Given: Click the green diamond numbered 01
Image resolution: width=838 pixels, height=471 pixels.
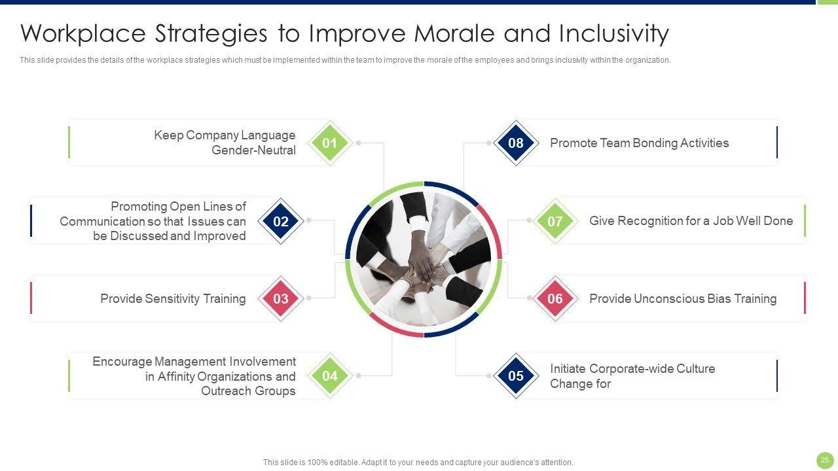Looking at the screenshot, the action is pyautogui.click(x=329, y=143).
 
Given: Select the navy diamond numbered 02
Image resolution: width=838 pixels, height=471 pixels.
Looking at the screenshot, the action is pyautogui.click(x=281, y=221).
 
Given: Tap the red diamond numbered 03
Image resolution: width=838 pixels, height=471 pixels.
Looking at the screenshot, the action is pyautogui.click(x=281, y=298).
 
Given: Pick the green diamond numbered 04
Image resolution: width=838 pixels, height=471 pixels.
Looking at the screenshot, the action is pyautogui.click(x=329, y=375).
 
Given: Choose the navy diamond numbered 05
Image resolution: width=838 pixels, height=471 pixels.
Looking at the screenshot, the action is pyautogui.click(x=516, y=375).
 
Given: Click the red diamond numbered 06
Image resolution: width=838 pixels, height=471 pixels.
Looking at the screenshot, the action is pyautogui.click(x=555, y=298).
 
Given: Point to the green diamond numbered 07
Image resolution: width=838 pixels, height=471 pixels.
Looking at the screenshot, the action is pyautogui.click(x=555, y=221).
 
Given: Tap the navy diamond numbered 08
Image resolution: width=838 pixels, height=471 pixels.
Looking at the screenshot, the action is pyautogui.click(x=516, y=143).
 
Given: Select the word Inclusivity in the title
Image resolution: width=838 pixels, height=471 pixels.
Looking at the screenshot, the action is pyautogui.click(x=614, y=34).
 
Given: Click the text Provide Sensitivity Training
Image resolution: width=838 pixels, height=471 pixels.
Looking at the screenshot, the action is pyautogui.click(x=173, y=299).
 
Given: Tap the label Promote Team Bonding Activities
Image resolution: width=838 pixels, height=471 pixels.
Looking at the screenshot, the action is pyautogui.click(x=640, y=143).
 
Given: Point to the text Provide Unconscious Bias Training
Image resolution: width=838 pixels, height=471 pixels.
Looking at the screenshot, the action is pyautogui.click(x=683, y=299).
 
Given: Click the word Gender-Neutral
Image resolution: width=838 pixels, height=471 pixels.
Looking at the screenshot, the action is pyautogui.click(x=253, y=150).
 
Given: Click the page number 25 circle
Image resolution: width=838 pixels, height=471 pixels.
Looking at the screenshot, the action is pyautogui.click(x=825, y=460).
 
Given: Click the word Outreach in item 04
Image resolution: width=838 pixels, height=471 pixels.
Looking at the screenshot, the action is pyautogui.click(x=224, y=391).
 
